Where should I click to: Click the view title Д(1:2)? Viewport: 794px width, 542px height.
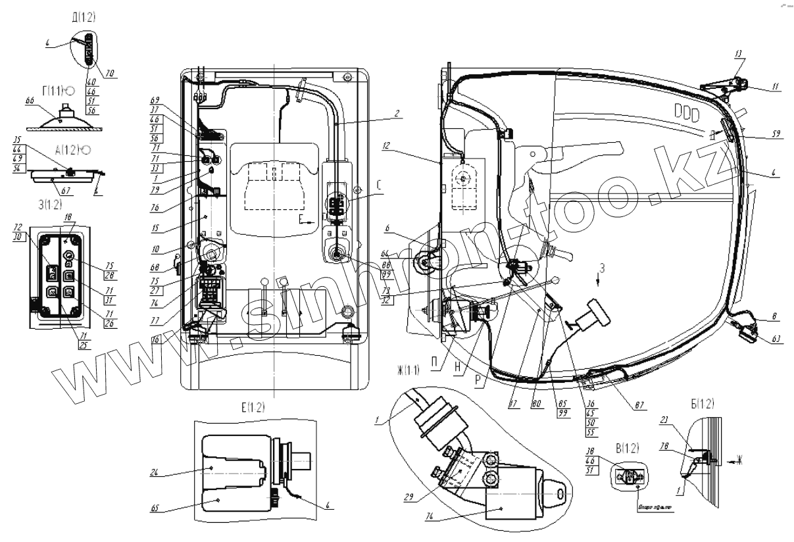(84, 18)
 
